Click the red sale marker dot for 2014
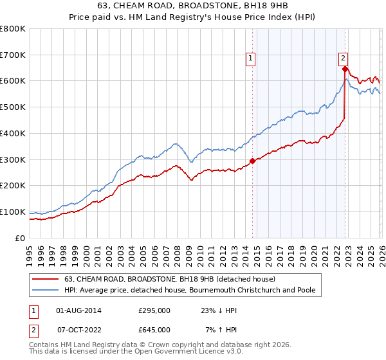pyautogui.click(x=252, y=161)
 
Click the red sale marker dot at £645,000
pyautogui.click(x=345, y=69)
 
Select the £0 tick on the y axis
pyautogui.click(x=19, y=238)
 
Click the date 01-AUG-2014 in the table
pyautogui.click(x=78, y=310)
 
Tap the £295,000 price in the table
pyautogui.click(x=154, y=310)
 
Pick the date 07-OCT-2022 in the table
pyautogui.click(x=78, y=330)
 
